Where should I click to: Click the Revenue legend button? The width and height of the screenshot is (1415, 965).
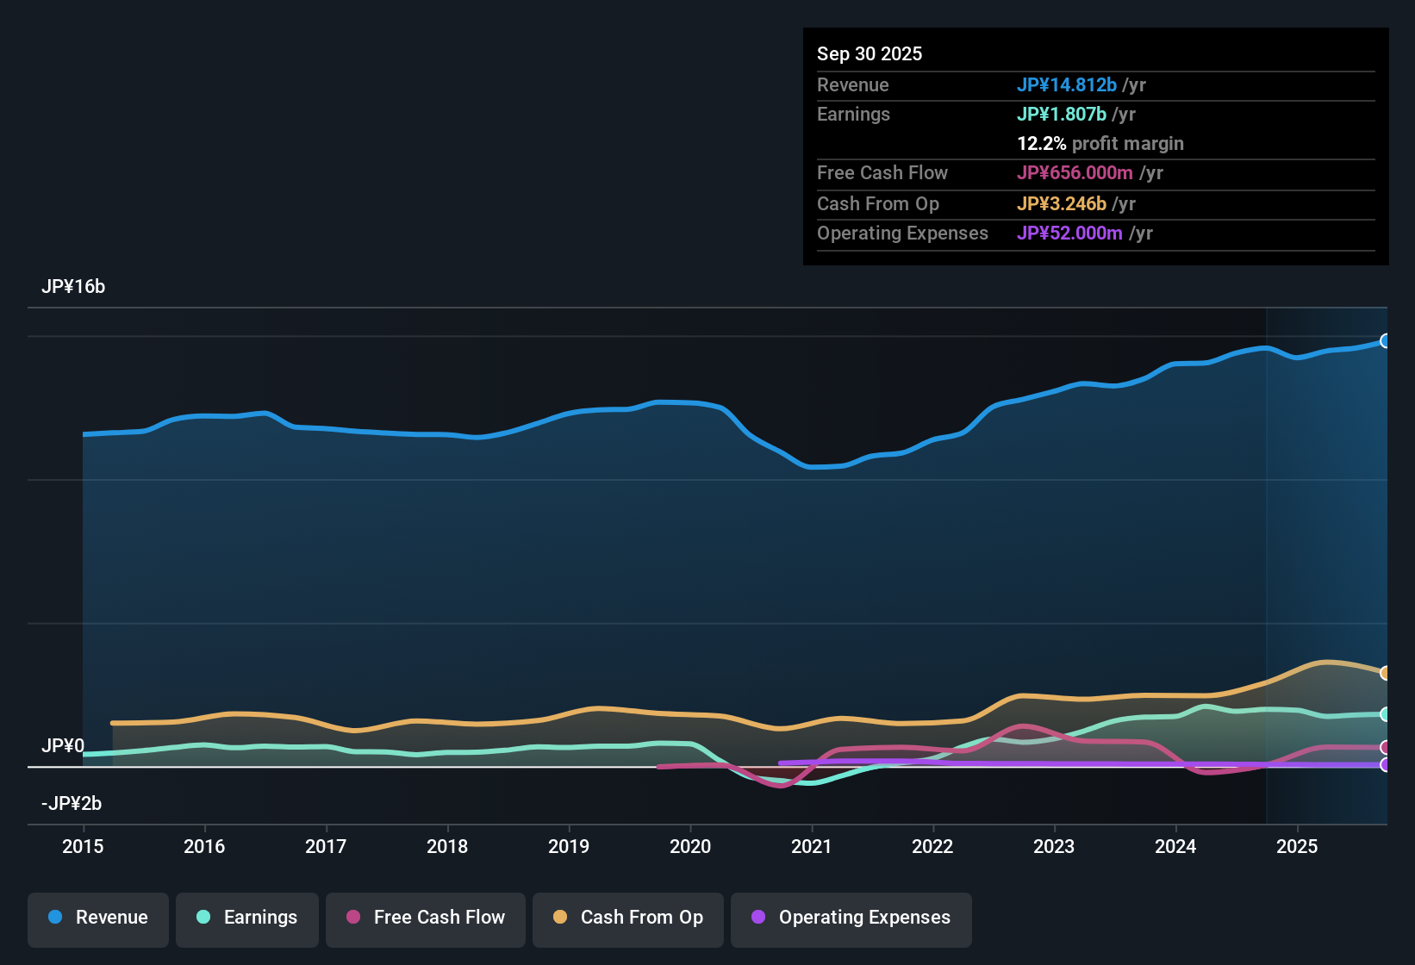pos(98,918)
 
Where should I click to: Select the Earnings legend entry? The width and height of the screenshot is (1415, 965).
pos(247,918)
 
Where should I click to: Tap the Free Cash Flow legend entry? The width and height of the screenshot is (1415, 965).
pos(426,918)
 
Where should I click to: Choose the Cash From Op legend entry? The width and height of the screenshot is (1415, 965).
pos(628,918)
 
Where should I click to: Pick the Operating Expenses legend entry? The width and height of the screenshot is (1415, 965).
pos(851,918)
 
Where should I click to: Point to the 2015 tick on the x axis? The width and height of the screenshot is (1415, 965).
pos(83,846)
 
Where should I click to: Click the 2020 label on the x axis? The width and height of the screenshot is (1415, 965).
pos(690,846)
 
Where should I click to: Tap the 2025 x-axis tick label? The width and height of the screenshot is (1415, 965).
pos(1297,846)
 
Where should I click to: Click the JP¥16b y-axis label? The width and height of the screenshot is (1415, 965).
pos(73,287)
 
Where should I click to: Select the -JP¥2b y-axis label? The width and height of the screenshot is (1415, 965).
pos(72,804)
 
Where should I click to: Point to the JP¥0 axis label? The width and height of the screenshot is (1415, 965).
pos(63,746)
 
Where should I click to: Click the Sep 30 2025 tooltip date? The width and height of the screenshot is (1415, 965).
pos(870,54)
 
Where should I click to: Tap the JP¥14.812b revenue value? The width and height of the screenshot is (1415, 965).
pos(1067,85)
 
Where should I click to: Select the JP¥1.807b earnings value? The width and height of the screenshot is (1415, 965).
pos(1062,115)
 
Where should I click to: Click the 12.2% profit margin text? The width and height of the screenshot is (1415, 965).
pos(1100,144)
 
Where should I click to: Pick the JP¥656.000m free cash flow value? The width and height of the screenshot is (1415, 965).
pos(1075,173)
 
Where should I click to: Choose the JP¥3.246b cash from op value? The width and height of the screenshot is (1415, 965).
pos(1062,204)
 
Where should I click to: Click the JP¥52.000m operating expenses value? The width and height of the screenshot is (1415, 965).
pos(1069,233)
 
